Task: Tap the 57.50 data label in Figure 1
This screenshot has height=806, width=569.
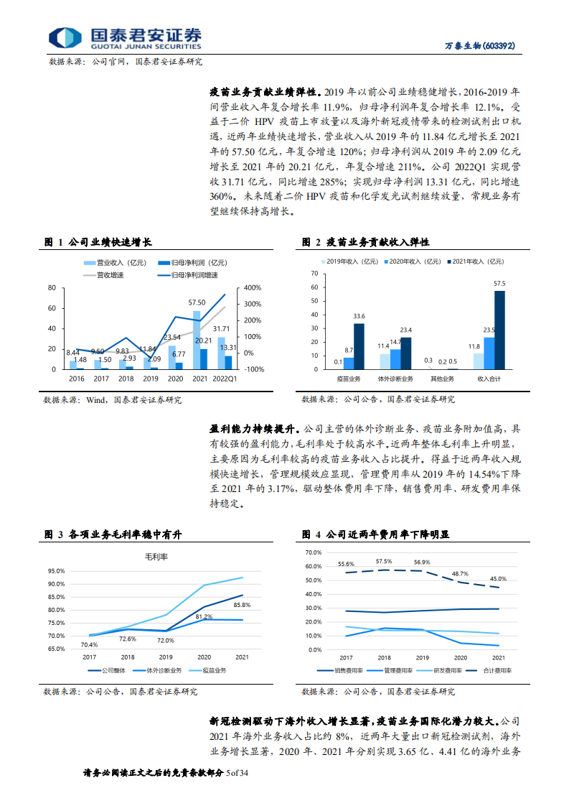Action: coord(197,303)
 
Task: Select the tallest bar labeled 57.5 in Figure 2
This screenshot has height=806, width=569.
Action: coord(499,330)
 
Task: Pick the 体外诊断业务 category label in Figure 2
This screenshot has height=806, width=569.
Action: coord(395,378)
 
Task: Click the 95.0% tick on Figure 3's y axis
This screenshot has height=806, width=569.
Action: coord(57,571)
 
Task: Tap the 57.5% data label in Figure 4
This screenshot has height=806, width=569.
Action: coord(384,561)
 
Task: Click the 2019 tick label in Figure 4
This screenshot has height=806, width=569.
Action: coord(422,657)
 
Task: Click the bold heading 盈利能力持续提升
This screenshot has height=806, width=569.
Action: coord(256,427)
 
